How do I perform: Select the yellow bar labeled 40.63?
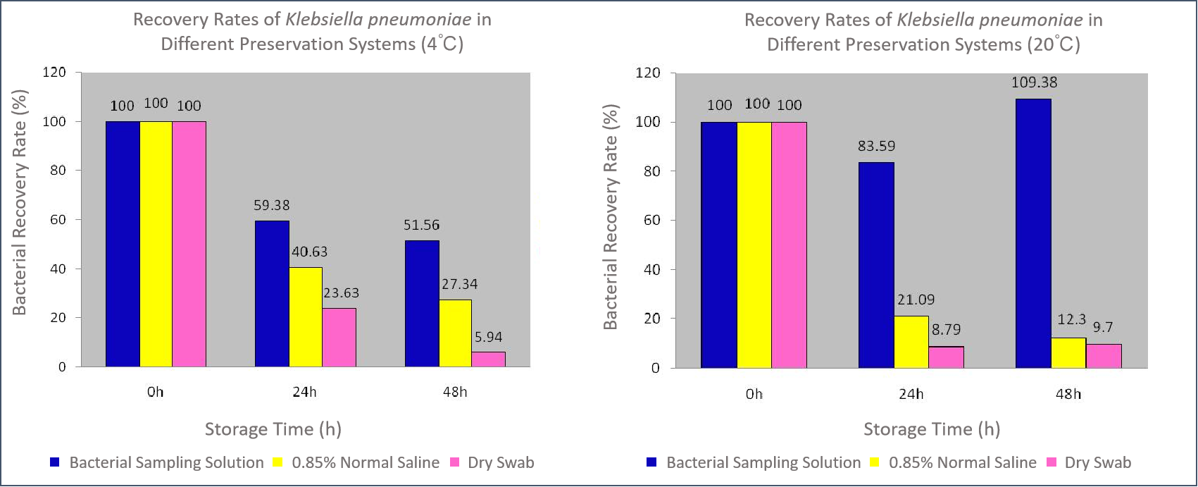(x=306, y=316)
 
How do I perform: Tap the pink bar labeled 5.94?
(x=488, y=359)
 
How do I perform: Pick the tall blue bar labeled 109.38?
(x=1033, y=233)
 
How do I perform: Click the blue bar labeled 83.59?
(x=876, y=264)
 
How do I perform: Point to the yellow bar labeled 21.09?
(x=911, y=342)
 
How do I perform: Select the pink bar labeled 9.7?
(x=1104, y=355)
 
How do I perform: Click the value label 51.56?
(x=421, y=226)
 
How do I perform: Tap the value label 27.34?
(x=459, y=284)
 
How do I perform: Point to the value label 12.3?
(x=1071, y=319)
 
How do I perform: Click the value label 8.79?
(x=946, y=329)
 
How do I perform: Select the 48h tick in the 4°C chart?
(x=455, y=392)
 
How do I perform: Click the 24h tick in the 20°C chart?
(x=911, y=393)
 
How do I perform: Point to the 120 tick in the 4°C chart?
(x=54, y=72)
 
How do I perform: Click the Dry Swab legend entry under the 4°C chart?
(x=500, y=462)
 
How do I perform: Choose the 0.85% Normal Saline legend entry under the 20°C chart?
(x=962, y=462)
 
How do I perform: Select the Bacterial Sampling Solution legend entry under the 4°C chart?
(x=166, y=462)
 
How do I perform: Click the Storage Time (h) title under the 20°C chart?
(x=931, y=429)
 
